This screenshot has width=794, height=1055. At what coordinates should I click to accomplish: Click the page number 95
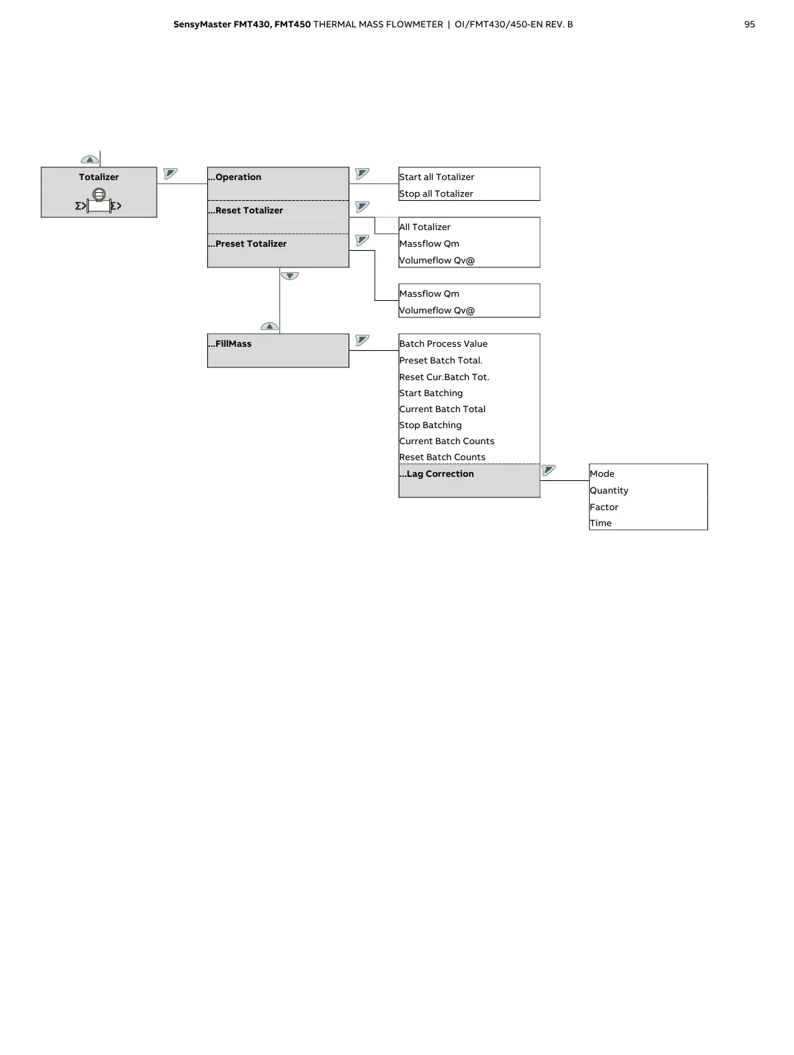[749, 25]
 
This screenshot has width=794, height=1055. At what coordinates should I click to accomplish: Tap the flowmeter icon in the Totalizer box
[99, 201]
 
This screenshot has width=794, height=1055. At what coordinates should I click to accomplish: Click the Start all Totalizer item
[437, 177]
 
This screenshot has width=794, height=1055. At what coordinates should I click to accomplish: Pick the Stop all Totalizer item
[436, 194]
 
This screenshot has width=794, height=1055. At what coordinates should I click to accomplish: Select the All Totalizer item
[425, 227]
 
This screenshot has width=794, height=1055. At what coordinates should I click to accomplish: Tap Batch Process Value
[443, 344]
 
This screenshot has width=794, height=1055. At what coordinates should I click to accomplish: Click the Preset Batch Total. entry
[441, 361]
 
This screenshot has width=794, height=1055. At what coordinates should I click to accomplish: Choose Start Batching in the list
[431, 393]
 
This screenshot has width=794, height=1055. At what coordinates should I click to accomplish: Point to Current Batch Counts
[447, 441]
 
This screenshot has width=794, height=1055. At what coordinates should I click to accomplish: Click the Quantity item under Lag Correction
[609, 491]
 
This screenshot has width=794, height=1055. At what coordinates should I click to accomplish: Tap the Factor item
[604, 507]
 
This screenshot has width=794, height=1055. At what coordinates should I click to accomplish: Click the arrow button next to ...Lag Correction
[549, 470]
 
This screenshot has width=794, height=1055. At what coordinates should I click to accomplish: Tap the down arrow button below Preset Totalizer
[289, 275]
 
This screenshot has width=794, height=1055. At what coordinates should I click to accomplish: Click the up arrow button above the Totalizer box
[89, 160]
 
